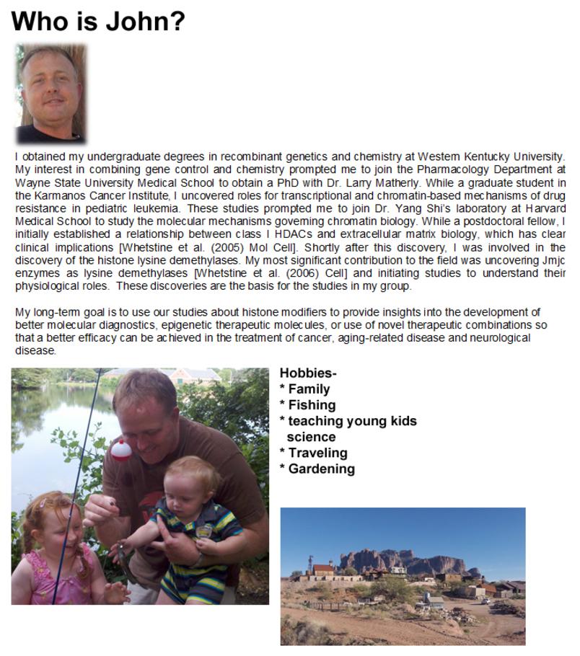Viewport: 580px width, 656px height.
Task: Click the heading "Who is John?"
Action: (x=98, y=22)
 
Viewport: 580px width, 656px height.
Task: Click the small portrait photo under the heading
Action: (x=50, y=93)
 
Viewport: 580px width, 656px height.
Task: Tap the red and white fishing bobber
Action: (x=119, y=450)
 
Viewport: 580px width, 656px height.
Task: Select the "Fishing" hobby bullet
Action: (x=312, y=405)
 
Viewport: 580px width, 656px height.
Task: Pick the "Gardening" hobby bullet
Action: (x=321, y=469)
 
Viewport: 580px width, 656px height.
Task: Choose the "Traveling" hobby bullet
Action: (x=317, y=453)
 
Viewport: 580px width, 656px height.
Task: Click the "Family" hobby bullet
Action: (x=309, y=389)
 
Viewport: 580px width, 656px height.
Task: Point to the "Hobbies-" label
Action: (x=308, y=373)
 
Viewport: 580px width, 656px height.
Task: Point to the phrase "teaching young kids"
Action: (x=352, y=421)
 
